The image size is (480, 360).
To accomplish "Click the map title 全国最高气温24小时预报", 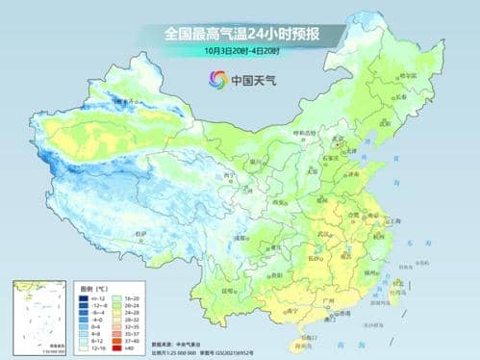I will click(240, 33).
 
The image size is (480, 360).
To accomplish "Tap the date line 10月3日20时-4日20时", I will click(240, 50).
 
